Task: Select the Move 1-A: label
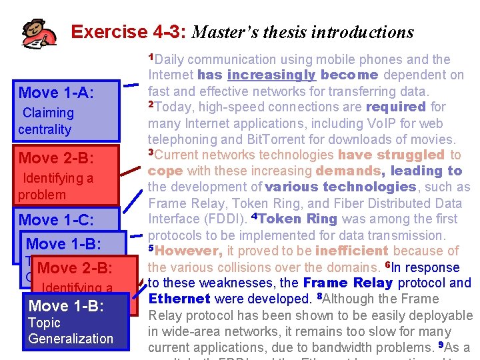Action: point(57,93)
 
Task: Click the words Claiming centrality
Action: point(45,121)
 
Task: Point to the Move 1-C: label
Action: point(57,219)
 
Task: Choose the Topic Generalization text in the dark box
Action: point(70,331)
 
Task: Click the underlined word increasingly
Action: point(271,75)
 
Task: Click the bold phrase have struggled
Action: point(391,155)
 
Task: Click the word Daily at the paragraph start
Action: point(175,59)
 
